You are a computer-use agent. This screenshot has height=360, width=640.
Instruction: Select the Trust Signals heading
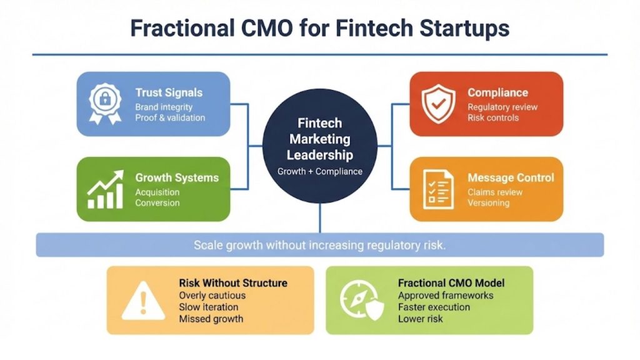pos(169,92)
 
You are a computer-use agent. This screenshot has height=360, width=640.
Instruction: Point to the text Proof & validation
pos(170,117)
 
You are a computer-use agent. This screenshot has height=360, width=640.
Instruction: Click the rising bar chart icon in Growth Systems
pos(104,189)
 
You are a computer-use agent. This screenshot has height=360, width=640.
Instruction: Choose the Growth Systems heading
pos(177,177)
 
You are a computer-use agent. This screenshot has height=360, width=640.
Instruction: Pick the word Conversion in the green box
pos(157,202)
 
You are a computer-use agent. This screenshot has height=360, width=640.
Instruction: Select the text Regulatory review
pos(502,107)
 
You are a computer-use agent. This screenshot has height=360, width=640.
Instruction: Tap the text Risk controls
pos(493,117)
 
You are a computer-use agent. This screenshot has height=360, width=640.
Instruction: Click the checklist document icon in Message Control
pos(438,189)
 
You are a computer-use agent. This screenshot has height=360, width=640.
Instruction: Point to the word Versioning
pos(488,202)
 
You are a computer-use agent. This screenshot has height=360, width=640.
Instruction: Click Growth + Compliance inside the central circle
pos(319,171)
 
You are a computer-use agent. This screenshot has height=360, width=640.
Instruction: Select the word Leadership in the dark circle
pos(319,155)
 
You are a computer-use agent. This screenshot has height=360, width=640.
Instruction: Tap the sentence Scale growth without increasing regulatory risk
pos(319,245)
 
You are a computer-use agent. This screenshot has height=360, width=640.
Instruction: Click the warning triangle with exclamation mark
pos(143,301)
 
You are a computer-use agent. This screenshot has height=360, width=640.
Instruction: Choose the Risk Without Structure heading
pos(233,283)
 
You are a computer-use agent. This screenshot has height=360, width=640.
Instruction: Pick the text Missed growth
pos(211,319)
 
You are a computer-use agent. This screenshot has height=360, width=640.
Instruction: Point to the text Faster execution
pos(434,307)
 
